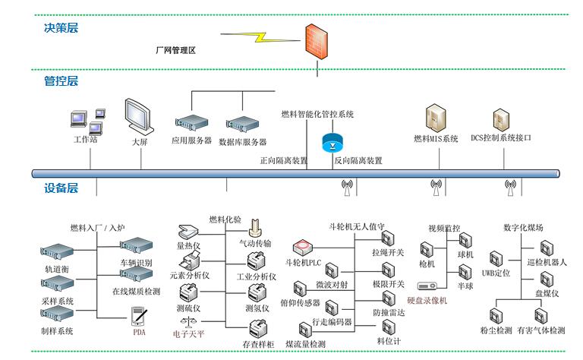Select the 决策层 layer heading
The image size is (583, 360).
[61, 28]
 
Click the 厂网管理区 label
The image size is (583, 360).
[175, 50]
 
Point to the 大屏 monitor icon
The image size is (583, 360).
[139, 117]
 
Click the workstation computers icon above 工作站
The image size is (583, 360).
[86, 121]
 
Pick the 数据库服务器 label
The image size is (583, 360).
[243, 142]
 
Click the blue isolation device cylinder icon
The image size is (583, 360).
[333, 142]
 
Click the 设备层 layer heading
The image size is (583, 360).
[61, 188]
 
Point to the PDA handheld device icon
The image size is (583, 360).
[138, 316]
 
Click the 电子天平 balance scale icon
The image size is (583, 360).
[186, 324]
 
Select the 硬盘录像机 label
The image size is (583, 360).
[427, 300]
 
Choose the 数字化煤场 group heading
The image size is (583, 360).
[523, 227]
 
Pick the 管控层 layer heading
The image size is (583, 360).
[61, 81]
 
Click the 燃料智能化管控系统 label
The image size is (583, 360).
[317, 114]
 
